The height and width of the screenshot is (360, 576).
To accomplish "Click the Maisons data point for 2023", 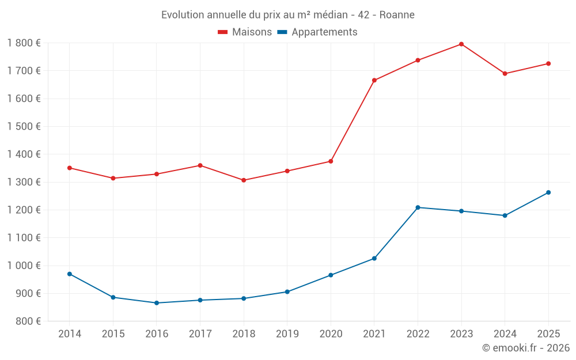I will click(461, 44).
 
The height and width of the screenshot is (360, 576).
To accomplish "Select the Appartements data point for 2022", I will click(418, 207).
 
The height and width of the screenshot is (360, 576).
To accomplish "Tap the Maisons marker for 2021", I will click(374, 80).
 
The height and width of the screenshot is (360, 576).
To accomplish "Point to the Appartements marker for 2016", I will click(157, 303).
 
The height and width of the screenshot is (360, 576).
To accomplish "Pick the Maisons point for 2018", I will click(244, 180).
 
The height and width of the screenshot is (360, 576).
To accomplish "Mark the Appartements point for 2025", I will click(548, 192).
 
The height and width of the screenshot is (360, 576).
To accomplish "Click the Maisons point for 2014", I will click(70, 168).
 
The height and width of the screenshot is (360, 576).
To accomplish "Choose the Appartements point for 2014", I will click(70, 274).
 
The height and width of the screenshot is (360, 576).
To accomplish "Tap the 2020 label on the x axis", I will click(331, 334).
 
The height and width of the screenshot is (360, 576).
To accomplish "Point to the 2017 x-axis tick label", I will click(200, 334).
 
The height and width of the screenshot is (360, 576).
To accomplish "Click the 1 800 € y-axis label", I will click(24, 43).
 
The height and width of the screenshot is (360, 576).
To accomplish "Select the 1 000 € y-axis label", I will click(24, 266).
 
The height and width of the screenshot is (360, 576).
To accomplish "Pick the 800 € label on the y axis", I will click(28, 321).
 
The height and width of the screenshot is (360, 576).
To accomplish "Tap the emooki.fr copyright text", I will click(526, 348).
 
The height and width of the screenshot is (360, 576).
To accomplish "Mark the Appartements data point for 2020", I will click(331, 275).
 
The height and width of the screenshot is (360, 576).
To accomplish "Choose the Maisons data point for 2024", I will click(505, 74).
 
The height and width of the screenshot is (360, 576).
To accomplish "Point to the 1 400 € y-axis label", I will click(24, 154).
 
